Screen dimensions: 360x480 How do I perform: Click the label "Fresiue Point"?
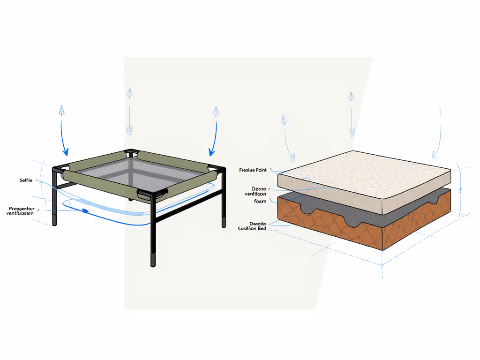click(253, 170)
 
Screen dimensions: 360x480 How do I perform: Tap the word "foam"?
click(260, 201)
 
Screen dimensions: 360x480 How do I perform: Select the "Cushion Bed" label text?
click(252, 228)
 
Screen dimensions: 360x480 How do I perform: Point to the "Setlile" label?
click(26, 180)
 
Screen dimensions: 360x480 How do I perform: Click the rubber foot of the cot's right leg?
click(224, 222)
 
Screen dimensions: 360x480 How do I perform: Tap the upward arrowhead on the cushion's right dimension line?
click(460, 190)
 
